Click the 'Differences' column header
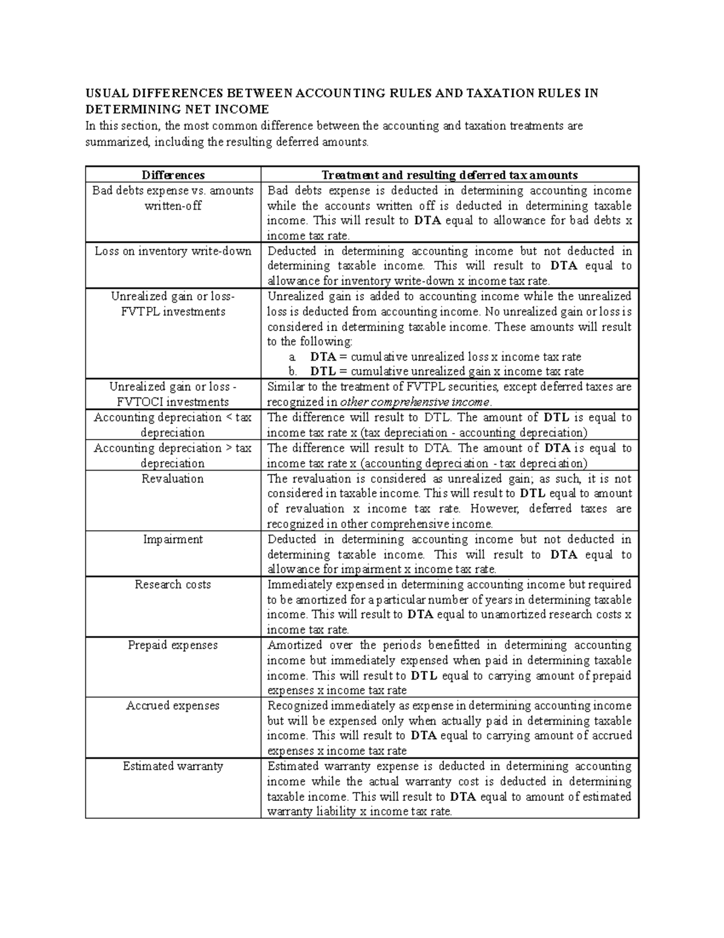tap(173, 175)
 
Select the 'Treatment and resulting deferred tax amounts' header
tap(449, 175)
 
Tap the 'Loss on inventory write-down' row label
tap(173, 251)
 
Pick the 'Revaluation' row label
tap(173, 479)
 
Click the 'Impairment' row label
tap(173, 539)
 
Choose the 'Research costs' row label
tap(173, 585)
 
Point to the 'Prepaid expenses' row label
tap(173, 645)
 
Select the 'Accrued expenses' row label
tap(173, 705)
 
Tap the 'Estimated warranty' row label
tap(173, 766)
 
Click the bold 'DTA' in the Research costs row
tap(421, 615)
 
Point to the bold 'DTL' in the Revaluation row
tap(533, 493)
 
